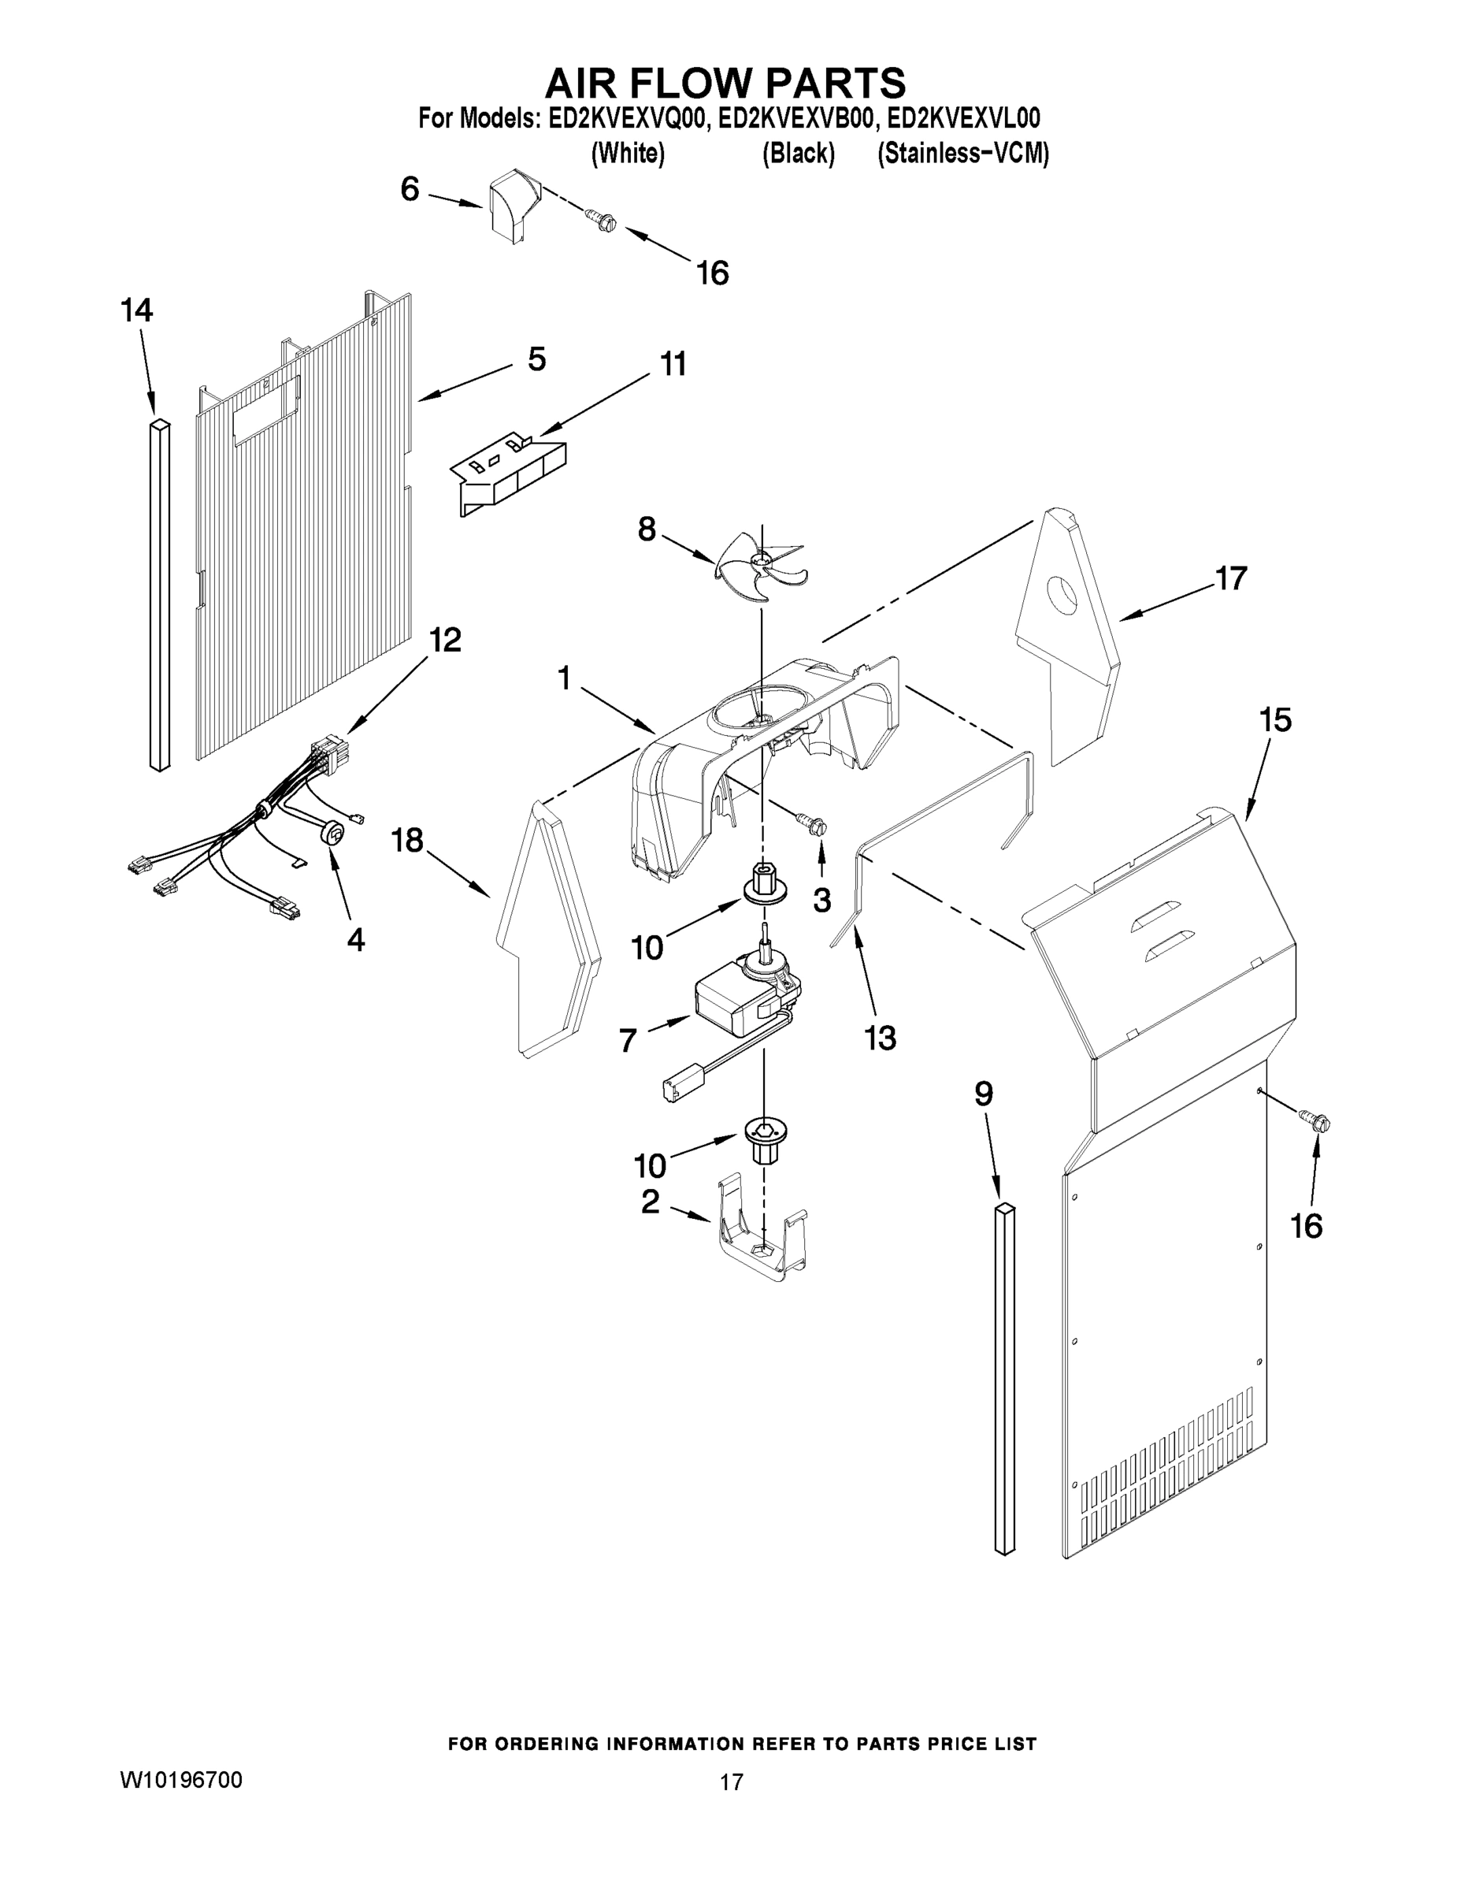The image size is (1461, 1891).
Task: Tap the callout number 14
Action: (137, 310)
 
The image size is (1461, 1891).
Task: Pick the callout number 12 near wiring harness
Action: (445, 640)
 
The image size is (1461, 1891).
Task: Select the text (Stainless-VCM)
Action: (962, 154)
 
